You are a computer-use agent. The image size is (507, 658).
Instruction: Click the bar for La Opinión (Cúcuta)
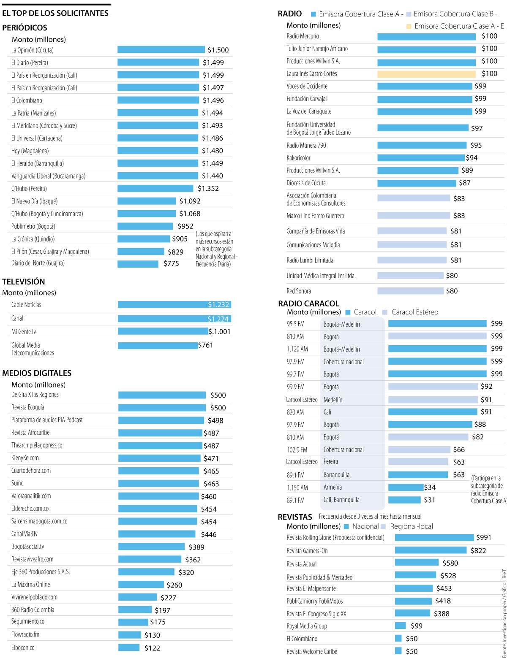pos(161,50)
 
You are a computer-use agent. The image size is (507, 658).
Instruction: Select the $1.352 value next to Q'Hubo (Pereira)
pos(208,189)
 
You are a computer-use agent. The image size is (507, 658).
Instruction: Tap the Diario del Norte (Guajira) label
pos(38,263)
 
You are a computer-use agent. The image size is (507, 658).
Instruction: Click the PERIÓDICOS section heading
pos(25,28)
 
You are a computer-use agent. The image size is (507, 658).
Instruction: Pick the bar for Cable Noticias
pos(174,305)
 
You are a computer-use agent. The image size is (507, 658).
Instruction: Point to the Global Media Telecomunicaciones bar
pos(158,346)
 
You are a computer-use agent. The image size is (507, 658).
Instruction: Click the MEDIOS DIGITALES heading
pos(37,373)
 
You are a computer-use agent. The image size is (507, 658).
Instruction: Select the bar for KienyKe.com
pos(159,458)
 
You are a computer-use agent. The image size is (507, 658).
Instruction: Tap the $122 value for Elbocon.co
pos(152,648)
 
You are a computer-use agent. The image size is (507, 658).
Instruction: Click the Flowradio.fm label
pos(25,635)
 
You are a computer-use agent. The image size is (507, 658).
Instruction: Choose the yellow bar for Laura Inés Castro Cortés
pos(426,74)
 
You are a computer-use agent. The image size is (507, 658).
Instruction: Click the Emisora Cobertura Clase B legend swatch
pos(409,14)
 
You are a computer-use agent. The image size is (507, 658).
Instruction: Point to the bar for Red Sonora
pos(410,291)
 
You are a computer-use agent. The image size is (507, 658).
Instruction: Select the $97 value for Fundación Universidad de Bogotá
pos(477,128)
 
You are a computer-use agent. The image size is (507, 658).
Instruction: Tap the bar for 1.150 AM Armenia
pos(406,487)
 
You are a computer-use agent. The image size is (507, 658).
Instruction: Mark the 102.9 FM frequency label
pos(297,450)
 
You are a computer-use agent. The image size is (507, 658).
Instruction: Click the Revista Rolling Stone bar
pos(434,538)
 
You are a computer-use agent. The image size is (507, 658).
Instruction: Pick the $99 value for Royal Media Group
pos(416,626)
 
